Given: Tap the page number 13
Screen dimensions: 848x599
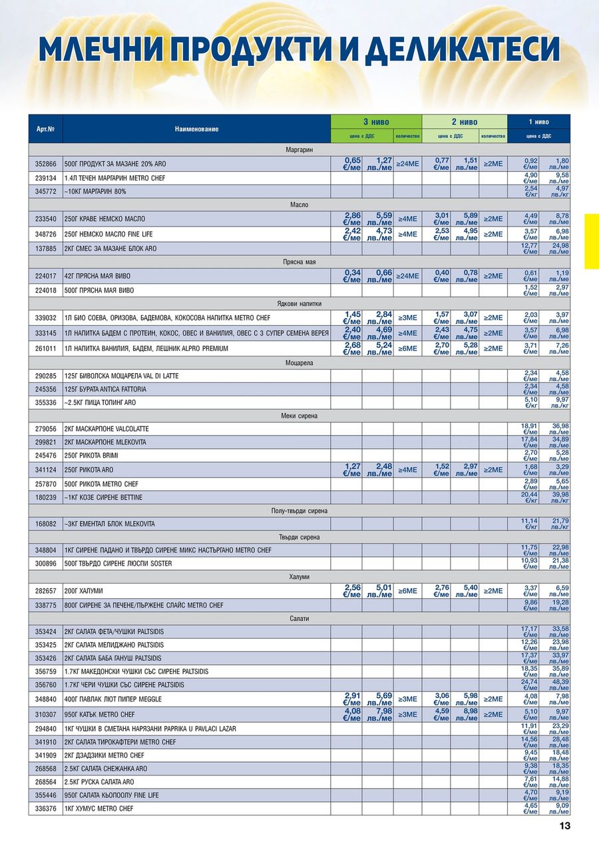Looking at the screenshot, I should [564, 826].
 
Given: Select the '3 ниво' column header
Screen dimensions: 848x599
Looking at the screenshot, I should [376, 122].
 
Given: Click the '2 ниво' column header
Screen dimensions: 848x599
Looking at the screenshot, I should [464, 122].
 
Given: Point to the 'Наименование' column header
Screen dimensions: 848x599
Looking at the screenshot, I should [196, 129].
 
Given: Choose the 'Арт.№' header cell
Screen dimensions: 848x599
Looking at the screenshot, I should [45, 129].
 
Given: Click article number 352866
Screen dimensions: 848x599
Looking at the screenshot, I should [45, 163].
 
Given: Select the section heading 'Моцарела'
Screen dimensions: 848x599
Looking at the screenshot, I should [299, 363].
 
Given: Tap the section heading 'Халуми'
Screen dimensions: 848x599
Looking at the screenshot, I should [299, 577].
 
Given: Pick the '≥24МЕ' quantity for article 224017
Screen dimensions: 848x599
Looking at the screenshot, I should [407, 276].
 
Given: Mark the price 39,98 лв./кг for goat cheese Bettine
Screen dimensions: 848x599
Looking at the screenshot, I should [554, 498].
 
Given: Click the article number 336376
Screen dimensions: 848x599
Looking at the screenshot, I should [45, 809].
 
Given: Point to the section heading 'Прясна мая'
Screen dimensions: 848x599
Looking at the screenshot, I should [299, 262].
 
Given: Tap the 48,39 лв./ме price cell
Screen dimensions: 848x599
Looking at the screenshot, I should [554, 685].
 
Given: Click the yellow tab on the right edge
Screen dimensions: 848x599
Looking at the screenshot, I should [591, 241].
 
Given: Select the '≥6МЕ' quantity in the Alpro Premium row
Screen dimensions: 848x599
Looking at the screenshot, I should [407, 348].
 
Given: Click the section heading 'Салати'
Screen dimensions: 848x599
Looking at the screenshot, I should [299, 619].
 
